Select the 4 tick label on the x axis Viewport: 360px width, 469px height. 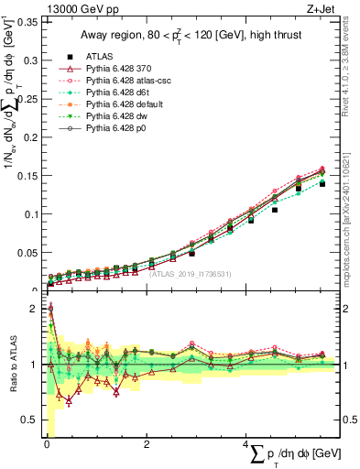(x=245, y=444)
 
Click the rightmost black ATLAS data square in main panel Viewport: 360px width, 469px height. (x=322, y=184)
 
